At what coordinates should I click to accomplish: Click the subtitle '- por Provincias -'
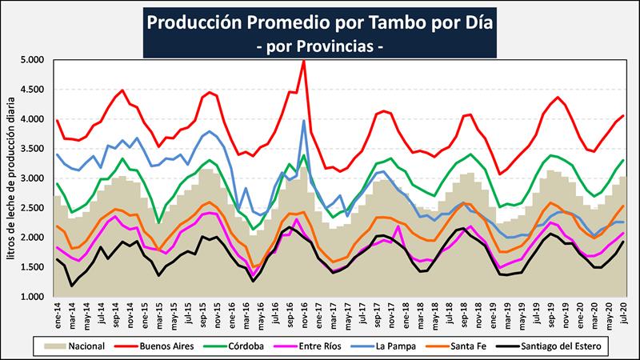320,47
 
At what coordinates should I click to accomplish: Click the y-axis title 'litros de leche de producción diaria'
10,178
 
